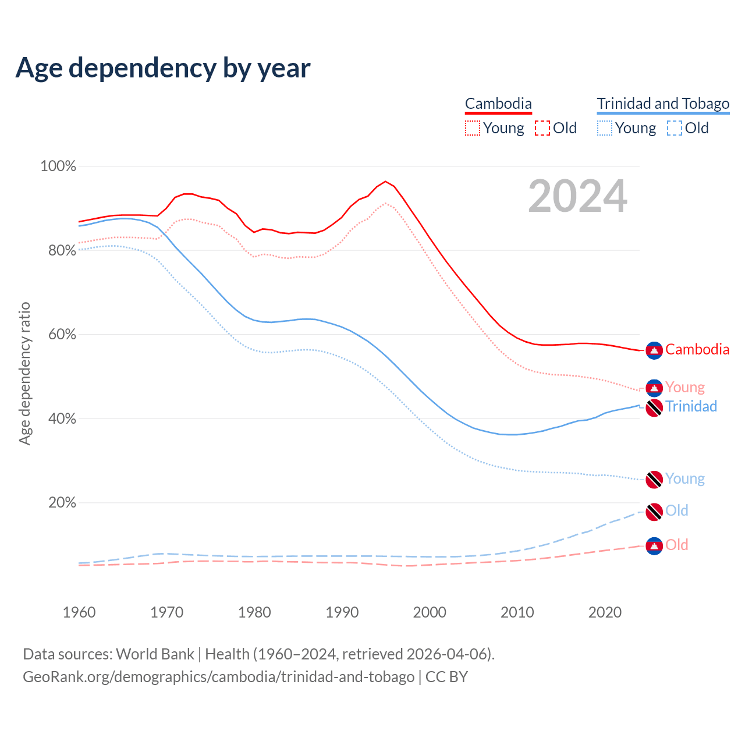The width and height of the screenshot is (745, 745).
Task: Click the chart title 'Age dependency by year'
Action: [163, 68]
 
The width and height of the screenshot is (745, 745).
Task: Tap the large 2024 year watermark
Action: [577, 196]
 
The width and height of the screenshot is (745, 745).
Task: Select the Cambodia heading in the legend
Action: [498, 104]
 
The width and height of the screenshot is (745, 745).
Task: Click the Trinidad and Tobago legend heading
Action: [663, 104]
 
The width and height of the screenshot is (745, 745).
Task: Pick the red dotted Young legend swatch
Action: [473, 128]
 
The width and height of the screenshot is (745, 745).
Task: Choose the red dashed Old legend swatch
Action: [542, 128]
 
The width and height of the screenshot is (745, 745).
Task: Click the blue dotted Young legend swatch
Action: [605, 128]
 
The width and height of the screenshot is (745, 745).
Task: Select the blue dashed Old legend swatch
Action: [675, 128]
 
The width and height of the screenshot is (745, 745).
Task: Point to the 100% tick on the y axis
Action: [58, 166]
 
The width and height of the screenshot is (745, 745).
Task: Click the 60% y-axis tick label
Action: [62, 335]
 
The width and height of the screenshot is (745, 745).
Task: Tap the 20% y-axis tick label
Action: [62, 503]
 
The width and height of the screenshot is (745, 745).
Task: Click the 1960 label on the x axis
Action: [79, 612]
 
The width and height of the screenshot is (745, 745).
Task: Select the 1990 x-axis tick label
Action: [342, 612]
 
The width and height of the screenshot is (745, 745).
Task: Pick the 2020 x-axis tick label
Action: [605, 612]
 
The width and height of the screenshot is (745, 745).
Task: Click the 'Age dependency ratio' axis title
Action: [24, 373]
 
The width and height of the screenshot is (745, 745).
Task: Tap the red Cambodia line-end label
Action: [697, 350]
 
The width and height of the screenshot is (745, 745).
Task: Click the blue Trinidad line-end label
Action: [691, 406]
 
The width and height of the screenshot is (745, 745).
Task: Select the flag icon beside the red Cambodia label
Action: [654, 350]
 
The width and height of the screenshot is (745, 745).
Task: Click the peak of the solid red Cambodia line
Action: [385, 181]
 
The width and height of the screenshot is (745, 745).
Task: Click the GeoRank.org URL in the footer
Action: [218, 677]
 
